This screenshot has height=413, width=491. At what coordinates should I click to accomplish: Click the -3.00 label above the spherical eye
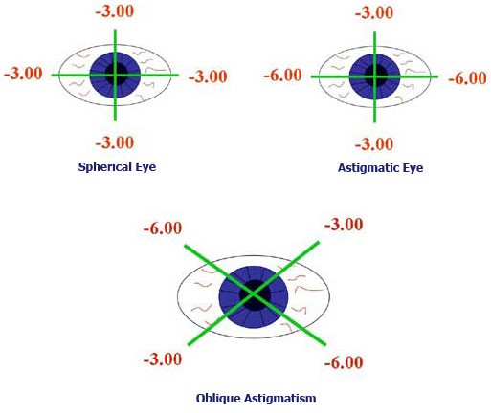(x=115, y=11)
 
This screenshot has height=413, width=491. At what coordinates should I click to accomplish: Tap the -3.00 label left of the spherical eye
(x=23, y=74)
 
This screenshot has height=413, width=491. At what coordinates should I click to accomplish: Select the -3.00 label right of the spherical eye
(x=208, y=76)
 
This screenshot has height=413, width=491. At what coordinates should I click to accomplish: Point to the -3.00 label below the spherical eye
(x=115, y=142)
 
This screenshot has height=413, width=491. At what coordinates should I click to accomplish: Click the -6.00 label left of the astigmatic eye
(x=283, y=76)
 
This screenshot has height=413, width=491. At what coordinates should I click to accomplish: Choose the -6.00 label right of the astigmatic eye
(x=468, y=78)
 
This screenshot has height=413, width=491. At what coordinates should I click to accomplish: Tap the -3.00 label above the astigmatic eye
(x=374, y=12)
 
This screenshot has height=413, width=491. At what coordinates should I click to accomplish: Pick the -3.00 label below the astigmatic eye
(x=374, y=144)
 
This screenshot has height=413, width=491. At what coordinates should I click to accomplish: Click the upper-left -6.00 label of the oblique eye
(x=163, y=228)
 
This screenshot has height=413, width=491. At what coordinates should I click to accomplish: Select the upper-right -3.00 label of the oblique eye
(x=344, y=225)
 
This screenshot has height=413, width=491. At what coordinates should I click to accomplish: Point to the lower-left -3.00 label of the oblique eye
(x=163, y=359)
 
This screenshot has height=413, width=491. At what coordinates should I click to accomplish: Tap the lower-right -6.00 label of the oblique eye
(x=344, y=362)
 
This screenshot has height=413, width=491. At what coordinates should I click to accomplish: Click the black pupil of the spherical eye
(x=116, y=74)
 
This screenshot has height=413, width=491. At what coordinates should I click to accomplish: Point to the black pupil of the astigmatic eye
(x=376, y=76)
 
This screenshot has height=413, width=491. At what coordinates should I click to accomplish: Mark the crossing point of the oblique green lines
(x=254, y=293)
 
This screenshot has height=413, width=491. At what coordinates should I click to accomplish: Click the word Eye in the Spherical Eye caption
(x=145, y=167)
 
